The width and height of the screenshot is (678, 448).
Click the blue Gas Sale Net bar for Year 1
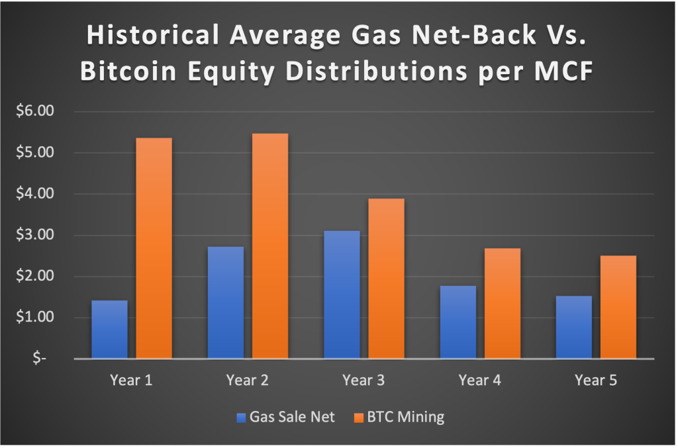click(x=109, y=330)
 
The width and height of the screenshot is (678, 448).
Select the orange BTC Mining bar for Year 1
click(x=154, y=248)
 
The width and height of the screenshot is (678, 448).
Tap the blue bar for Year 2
click(x=225, y=302)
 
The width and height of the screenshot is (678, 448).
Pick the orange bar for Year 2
click(x=270, y=246)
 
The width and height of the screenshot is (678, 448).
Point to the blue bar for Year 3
click(x=342, y=294)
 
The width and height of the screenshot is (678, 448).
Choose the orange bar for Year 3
click(x=386, y=279)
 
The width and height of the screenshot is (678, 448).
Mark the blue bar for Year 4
click(x=458, y=322)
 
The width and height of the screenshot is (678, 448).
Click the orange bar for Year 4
click(x=503, y=303)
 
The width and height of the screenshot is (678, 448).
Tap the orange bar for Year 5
click(x=618, y=307)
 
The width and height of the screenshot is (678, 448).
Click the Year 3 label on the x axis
click(x=363, y=381)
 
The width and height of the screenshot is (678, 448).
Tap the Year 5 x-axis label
click(x=595, y=381)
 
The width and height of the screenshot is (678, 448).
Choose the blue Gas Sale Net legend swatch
click(x=241, y=418)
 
